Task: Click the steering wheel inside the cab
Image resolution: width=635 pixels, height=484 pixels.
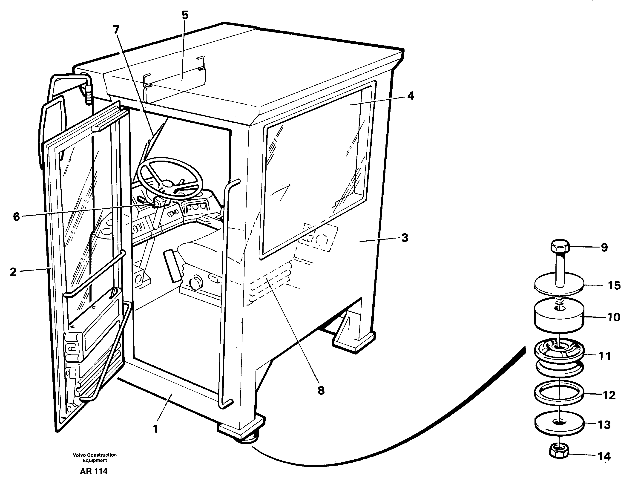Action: click(170, 178)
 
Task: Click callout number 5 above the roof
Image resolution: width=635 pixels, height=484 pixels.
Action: click(185, 15)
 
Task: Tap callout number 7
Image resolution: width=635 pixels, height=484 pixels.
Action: click(116, 29)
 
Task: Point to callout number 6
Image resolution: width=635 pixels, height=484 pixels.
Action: click(16, 216)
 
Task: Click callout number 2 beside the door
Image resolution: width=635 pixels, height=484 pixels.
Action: click(13, 272)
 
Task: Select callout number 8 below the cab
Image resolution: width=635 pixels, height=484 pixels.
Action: click(321, 390)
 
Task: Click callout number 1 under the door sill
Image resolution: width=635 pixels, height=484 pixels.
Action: click(155, 429)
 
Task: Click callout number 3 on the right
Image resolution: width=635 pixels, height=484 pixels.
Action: click(405, 238)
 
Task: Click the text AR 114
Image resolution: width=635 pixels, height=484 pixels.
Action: click(94, 471)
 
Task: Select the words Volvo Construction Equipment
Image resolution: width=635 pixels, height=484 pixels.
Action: click(95, 458)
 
